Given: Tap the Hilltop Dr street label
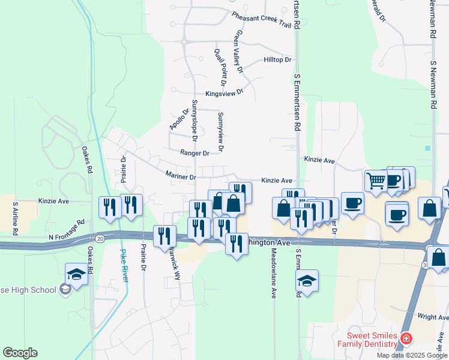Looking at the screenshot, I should (x=277, y=60).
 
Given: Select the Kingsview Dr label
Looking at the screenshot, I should (x=224, y=93).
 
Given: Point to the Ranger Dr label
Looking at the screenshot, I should (x=194, y=153).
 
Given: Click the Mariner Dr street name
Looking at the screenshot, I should (x=181, y=177).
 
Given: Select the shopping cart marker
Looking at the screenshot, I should (x=376, y=180).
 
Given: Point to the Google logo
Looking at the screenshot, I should (x=20, y=353).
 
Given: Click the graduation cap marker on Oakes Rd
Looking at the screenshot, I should (x=76, y=275).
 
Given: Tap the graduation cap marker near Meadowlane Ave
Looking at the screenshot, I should (x=307, y=281).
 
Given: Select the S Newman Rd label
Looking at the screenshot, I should (x=432, y=84).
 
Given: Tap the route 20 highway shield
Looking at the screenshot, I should (x=100, y=239).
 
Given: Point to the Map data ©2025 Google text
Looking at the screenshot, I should (x=412, y=355).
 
